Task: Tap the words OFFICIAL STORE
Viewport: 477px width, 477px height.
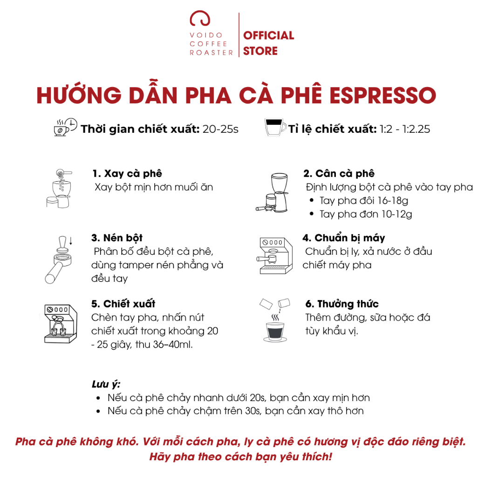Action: click(268, 43)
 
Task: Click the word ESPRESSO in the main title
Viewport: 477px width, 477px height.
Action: click(383, 95)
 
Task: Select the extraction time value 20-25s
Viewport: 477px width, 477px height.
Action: click(220, 129)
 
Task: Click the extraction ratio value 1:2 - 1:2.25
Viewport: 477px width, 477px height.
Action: click(405, 129)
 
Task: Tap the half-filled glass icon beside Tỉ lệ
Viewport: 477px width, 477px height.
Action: click(275, 127)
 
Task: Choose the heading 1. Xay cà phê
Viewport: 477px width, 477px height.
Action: click(127, 173)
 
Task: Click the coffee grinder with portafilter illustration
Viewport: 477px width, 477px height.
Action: click(272, 192)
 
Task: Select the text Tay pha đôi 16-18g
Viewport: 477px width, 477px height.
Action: click(363, 200)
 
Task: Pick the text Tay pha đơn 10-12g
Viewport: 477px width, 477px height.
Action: click(365, 214)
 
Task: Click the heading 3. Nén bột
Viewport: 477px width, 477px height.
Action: click(117, 238)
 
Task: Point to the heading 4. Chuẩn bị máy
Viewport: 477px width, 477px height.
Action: click(344, 238)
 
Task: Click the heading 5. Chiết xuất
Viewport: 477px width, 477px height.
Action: click(123, 304)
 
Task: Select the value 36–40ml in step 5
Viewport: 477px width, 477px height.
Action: click(173, 344)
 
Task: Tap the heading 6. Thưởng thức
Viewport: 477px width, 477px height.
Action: click(342, 304)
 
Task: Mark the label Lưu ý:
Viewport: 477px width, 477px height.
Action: click(106, 384)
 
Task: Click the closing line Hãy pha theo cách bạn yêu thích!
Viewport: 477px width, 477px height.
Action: click(240, 457)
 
